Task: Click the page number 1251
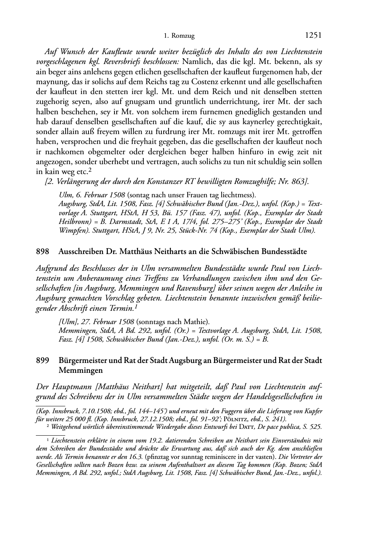coord(314,35)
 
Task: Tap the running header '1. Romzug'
coord(179,36)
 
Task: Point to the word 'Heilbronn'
coord(74,222)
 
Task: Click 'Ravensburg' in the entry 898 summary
coord(207,288)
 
